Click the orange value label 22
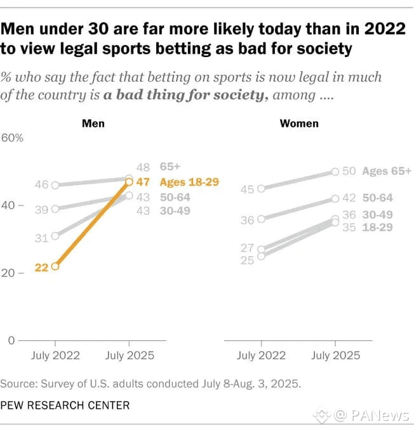(x=41, y=267)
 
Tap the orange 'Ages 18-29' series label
(x=189, y=182)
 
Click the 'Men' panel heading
(x=93, y=124)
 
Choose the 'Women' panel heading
(x=299, y=124)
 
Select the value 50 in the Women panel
(x=350, y=171)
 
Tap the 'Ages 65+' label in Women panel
(x=387, y=171)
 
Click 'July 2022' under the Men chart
(x=56, y=356)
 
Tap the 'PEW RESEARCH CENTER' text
(x=65, y=404)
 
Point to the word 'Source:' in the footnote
(x=18, y=384)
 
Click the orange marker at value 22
(x=55, y=267)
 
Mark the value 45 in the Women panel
(x=248, y=189)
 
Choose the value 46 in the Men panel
(x=41, y=186)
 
